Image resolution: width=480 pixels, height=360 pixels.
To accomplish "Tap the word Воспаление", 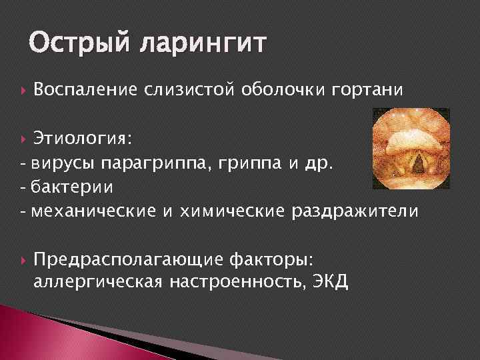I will click(84, 89).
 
